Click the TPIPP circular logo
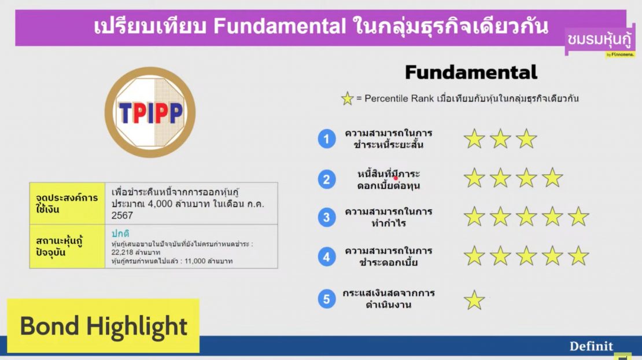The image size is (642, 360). [150, 112]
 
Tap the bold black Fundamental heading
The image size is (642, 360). [471, 72]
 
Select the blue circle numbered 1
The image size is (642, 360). [327, 139]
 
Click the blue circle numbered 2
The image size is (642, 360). [327, 179]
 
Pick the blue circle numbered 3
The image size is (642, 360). [327, 218]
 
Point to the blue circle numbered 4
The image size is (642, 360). [327, 256]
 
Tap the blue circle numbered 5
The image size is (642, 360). [327, 299]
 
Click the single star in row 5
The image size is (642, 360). [474, 300]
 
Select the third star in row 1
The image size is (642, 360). [526, 139]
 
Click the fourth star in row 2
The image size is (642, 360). [552, 178]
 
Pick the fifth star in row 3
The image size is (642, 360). [578, 216]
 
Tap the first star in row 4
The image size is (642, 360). [474, 256]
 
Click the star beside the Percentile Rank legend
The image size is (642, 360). [347, 99]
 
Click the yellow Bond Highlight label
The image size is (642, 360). [104, 326]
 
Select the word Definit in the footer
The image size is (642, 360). [591, 346]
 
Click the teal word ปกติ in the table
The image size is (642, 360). [120, 234]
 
